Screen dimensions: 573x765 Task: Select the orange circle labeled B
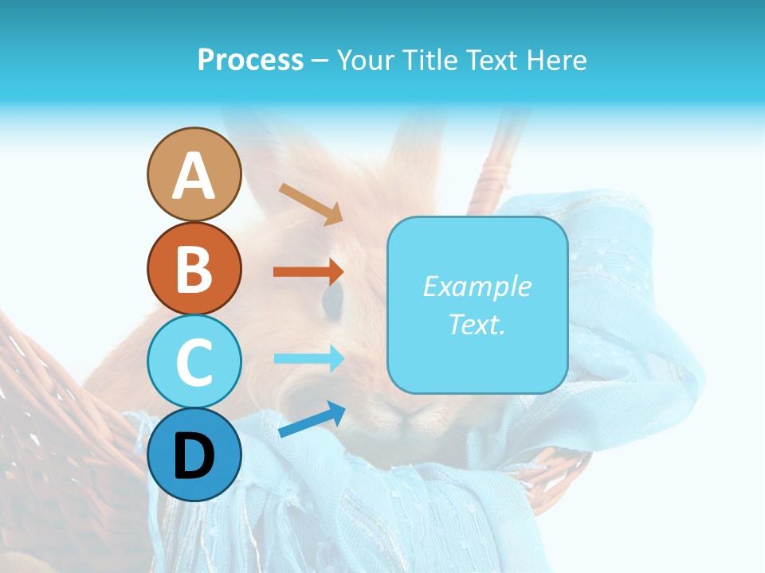pyautogui.click(x=194, y=268)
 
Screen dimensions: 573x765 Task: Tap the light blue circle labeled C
pyautogui.click(x=194, y=361)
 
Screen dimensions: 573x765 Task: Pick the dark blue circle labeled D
pyautogui.click(x=194, y=454)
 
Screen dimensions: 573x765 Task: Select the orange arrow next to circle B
pyautogui.click(x=308, y=271)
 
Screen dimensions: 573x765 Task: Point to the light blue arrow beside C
pyautogui.click(x=308, y=358)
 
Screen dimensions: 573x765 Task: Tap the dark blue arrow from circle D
pyautogui.click(x=312, y=419)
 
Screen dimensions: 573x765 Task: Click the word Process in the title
pyautogui.click(x=250, y=60)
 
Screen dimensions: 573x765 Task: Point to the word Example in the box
pyautogui.click(x=477, y=286)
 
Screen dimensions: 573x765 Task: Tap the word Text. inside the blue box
pyautogui.click(x=477, y=324)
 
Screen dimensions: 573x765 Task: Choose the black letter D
pyautogui.click(x=194, y=456)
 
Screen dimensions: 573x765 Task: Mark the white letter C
pyautogui.click(x=194, y=362)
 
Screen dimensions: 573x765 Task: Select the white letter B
pyautogui.click(x=194, y=269)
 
